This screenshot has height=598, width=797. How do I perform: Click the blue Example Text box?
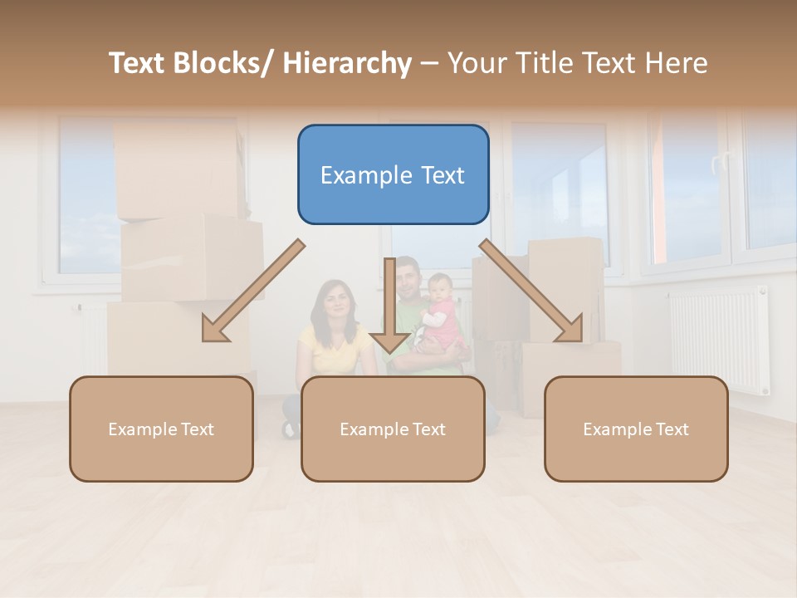click(x=393, y=174)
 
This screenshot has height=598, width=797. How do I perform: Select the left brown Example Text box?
click(x=161, y=429)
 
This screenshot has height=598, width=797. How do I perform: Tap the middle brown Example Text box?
click(x=393, y=429)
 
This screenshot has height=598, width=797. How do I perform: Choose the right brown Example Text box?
click(x=636, y=429)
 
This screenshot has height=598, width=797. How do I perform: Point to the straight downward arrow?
click(x=389, y=307)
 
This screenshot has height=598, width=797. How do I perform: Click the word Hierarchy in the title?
click(x=347, y=63)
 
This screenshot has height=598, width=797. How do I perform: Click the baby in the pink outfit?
click(x=440, y=311)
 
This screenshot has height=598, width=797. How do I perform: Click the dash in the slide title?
click(x=429, y=63)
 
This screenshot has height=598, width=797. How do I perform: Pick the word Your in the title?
click(x=476, y=63)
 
